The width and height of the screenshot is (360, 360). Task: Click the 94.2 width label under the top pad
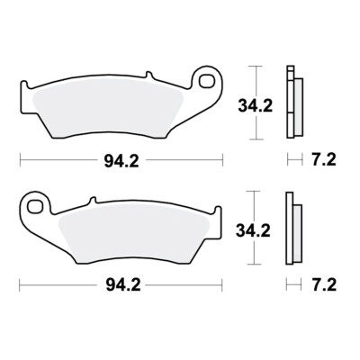pyautogui.click(x=121, y=162)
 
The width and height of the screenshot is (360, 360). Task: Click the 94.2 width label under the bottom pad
pyautogui.click(x=123, y=285)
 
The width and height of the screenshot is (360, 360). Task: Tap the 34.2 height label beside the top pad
pyautogui.click(x=256, y=106)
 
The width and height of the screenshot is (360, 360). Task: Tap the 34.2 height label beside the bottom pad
pyautogui.click(x=253, y=230)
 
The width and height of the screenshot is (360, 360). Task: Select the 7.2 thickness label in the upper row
pyautogui.click(x=323, y=159)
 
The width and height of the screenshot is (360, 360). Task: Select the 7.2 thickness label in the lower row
pyautogui.click(x=323, y=284)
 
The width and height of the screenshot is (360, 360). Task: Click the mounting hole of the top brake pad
pyautogui.click(x=208, y=81)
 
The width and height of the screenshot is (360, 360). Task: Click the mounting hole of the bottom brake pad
pyautogui.click(x=34, y=206)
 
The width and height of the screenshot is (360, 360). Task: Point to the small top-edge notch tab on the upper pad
pyautogui.click(x=149, y=75)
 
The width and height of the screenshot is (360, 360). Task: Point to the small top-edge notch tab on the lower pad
pyautogui.click(x=93, y=201)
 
